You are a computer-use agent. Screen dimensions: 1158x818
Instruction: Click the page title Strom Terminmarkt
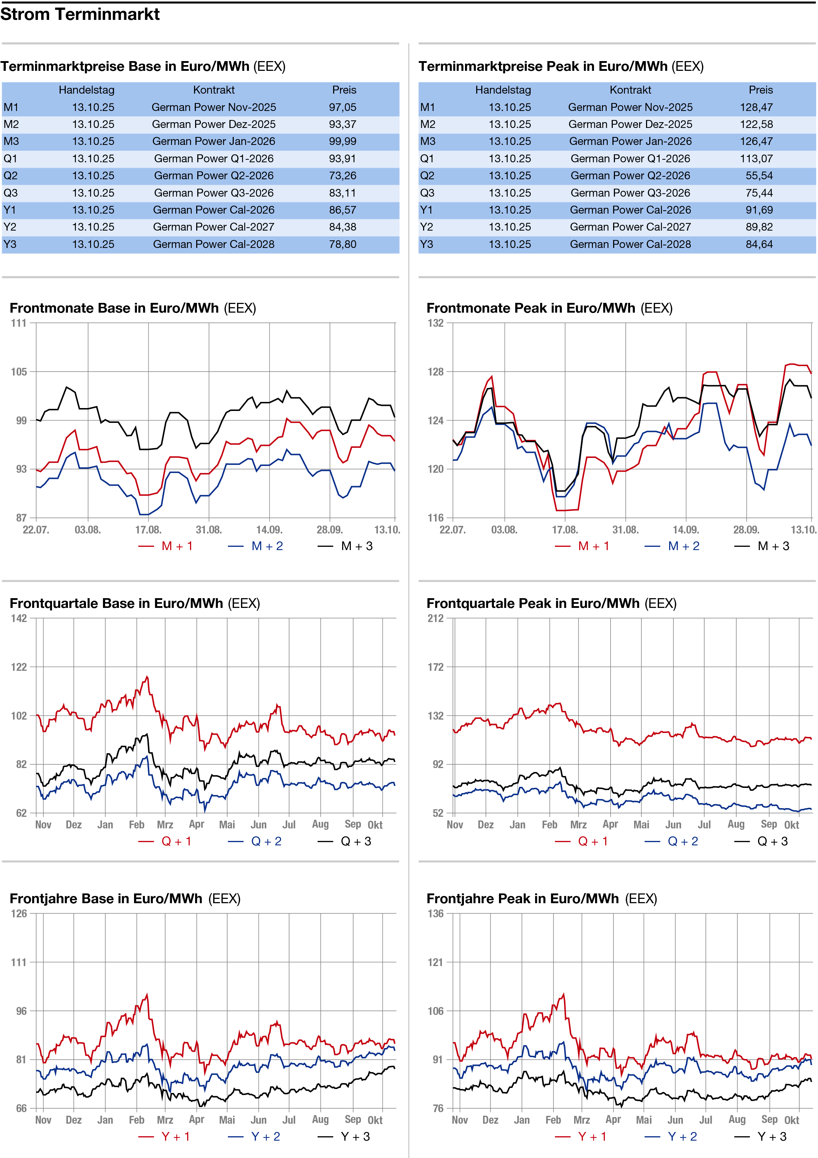point(80,14)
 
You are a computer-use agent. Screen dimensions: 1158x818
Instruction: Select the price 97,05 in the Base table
point(343,107)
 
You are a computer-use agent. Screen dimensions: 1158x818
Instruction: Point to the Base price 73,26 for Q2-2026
point(343,176)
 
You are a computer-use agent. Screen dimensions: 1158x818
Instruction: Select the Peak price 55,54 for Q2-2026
point(759,176)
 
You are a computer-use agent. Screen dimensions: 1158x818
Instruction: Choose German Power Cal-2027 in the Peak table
point(630,227)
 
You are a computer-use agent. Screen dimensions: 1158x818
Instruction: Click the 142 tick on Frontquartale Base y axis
point(19,619)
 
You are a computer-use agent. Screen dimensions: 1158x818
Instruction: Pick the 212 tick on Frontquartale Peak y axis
point(436,619)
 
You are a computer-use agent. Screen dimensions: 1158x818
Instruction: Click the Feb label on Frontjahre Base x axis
point(137,1120)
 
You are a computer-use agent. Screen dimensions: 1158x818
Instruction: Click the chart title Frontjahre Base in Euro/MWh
point(106,899)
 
